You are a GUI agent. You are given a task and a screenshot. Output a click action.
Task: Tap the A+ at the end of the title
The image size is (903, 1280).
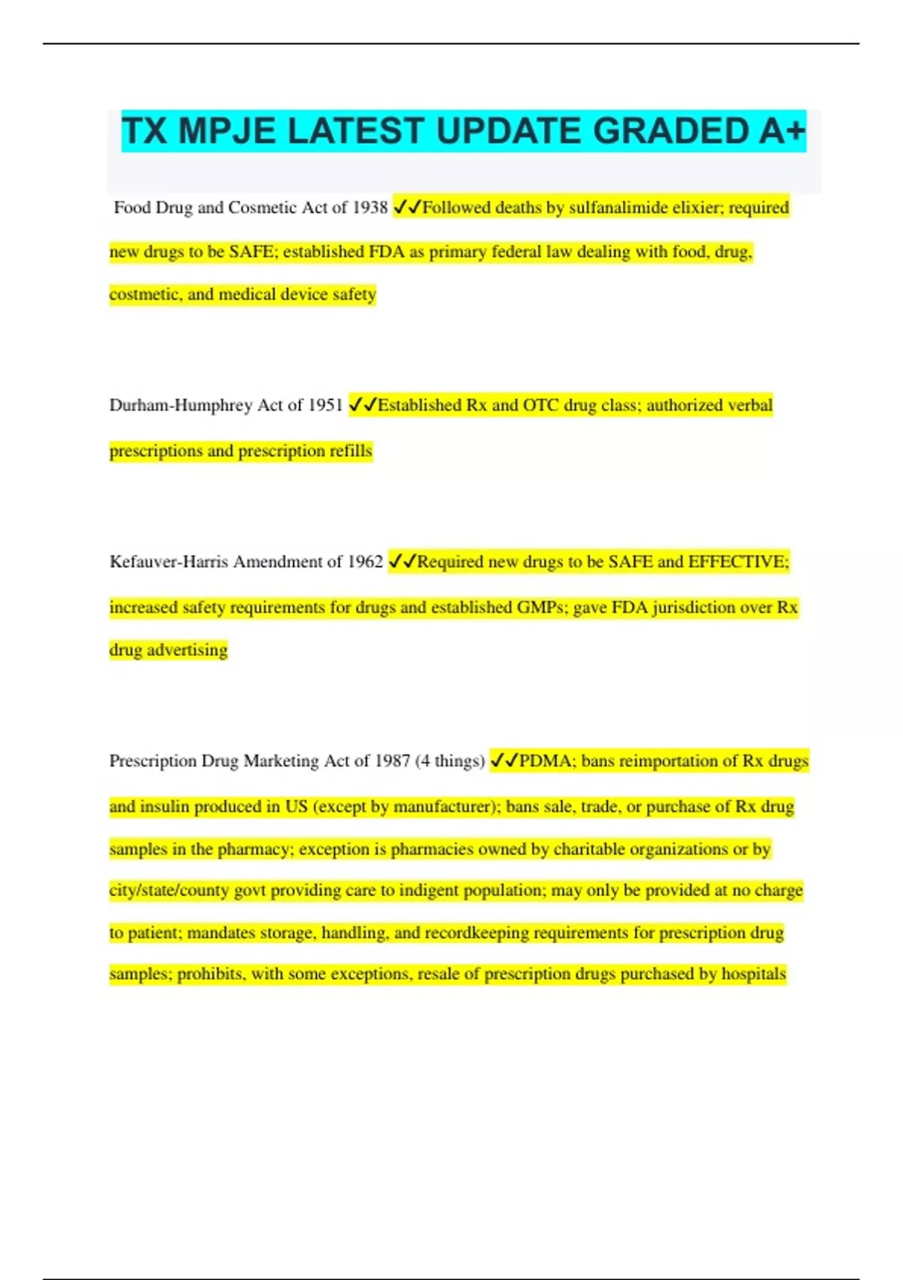(782, 131)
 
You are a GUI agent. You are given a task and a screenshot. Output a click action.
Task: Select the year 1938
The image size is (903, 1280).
(369, 208)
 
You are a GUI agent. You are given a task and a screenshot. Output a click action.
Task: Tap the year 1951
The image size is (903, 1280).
(326, 405)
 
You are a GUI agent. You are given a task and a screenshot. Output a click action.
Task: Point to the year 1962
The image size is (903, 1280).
(365, 562)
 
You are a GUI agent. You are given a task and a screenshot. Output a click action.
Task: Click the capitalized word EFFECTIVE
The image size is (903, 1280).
(738, 562)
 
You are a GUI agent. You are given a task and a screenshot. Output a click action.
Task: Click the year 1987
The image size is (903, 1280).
(392, 761)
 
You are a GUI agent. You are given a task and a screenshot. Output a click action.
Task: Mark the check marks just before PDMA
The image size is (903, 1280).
(504, 761)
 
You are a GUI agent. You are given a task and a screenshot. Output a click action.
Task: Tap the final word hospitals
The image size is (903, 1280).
(753, 974)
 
